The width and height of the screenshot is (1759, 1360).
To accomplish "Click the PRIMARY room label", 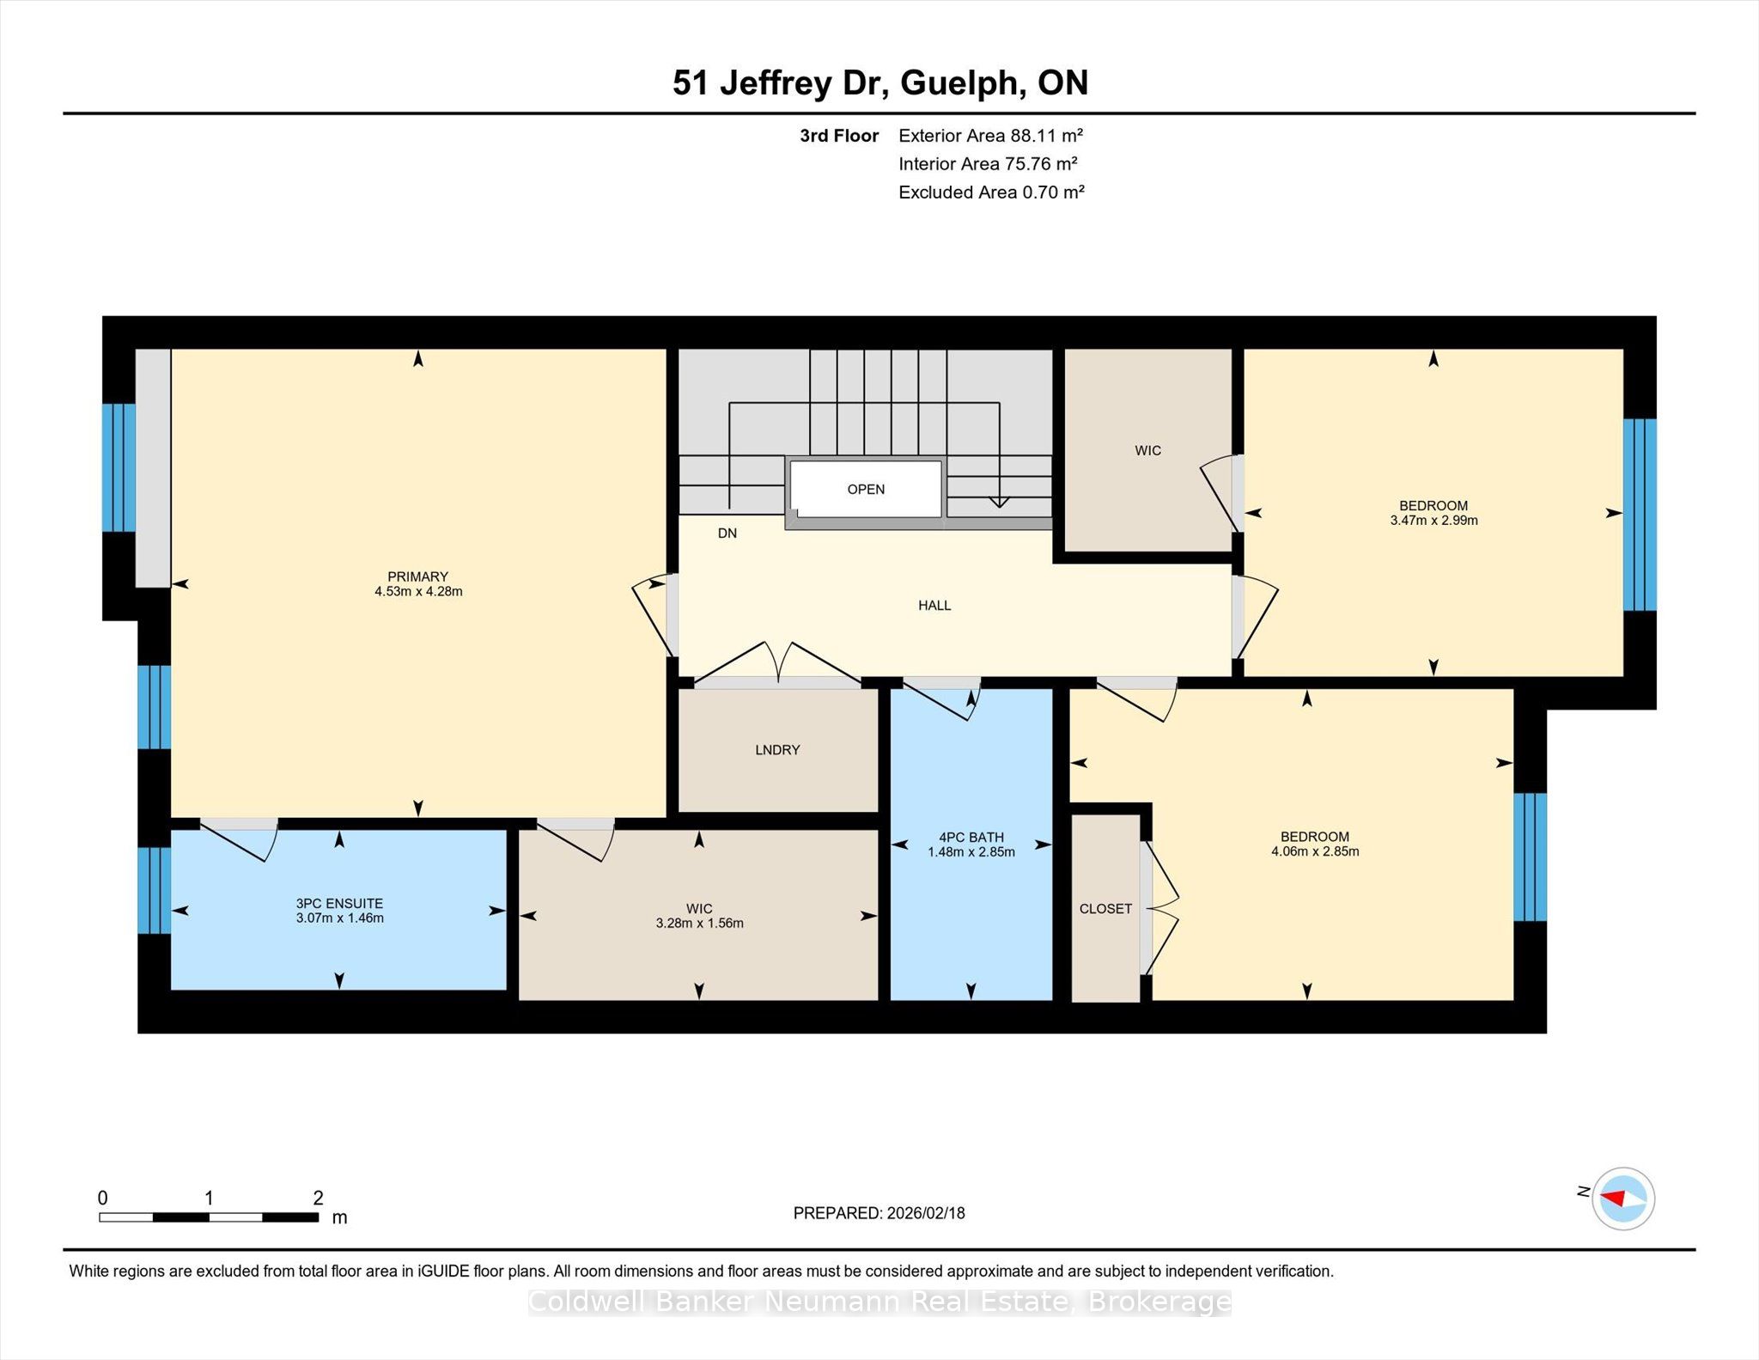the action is click(x=418, y=576).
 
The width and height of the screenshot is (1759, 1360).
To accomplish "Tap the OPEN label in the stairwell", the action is click(x=866, y=490).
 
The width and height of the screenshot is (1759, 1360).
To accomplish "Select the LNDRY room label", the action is click(x=777, y=750).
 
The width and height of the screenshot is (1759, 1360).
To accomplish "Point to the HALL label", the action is click(x=934, y=606).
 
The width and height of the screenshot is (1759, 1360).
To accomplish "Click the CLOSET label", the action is click(x=1105, y=909).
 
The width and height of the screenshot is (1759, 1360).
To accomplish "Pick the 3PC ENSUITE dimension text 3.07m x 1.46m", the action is click(x=340, y=918).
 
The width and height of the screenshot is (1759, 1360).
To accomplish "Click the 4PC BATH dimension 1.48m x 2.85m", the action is click(x=971, y=852).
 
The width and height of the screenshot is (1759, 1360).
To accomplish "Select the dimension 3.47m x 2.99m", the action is click(x=1433, y=521).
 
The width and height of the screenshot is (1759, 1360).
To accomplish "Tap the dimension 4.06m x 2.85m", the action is click(x=1315, y=851).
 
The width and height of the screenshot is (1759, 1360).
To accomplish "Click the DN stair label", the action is click(x=727, y=534).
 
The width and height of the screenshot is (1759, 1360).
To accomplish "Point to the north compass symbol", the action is click(x=1622, y=1199).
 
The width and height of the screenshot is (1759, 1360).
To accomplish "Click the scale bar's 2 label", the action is click(x=318, y=1198).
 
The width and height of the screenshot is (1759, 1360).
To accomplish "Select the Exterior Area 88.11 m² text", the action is click(x=990, y=136).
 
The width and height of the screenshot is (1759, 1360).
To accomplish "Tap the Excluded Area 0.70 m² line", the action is click(x=991, y=192).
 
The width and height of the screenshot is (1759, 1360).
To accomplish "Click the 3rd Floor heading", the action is click(x=839, y=136).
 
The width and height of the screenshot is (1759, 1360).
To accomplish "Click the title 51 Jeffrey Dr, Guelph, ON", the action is click(x=880, y=83).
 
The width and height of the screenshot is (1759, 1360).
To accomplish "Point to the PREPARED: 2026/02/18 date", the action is click(x=879, y=1213).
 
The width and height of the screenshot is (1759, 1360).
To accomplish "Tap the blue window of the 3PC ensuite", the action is click(x=154, y=890).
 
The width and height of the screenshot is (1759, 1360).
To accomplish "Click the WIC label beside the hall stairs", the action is click(x=1147, y=451).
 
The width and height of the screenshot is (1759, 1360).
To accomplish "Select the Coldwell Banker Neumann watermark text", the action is click(x=879, y=1302).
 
